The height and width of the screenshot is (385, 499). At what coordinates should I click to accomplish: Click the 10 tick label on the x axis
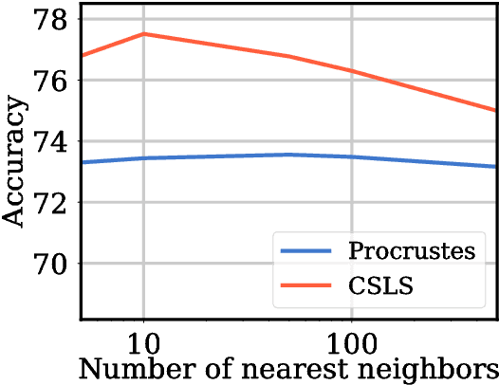tap(143, 339)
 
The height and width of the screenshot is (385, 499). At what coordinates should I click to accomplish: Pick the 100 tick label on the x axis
tap(352, 339)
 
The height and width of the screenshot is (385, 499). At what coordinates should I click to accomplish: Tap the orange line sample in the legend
tap(305, 284)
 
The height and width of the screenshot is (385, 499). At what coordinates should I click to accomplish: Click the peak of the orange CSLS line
tap(143, 34)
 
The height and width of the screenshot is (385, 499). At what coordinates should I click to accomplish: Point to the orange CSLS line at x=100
tap(352, 71)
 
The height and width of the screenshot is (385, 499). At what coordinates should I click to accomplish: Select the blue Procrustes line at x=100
tap(352, 156)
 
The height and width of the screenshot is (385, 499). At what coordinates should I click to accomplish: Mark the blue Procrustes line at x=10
tap(143, 157)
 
